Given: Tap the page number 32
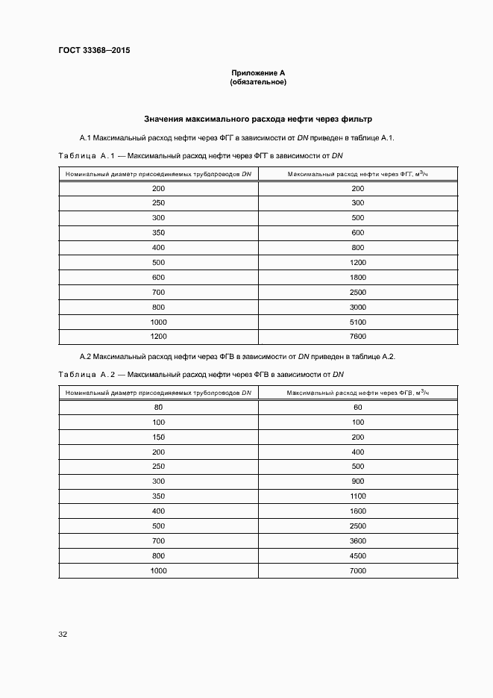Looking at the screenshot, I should (x=63, y=635).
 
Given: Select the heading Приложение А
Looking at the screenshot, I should (x=258, y=72).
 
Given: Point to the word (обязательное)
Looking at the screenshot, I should (x=258, y=81).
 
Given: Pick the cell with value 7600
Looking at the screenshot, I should (x=357, y=336).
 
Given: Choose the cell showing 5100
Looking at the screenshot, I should (x=357, y=321).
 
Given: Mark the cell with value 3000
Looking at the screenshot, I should (x=357, y=306).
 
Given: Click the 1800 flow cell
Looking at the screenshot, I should (x=357, y=277).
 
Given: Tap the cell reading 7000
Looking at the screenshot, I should (x=357, y=570).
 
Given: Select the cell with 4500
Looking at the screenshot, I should (x=357, y=555).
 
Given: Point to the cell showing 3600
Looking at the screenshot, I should (x=357, y=540).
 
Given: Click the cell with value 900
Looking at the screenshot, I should (x=357, y=482).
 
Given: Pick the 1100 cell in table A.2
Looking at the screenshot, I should (x=357, y=496).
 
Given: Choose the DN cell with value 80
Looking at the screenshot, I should (x=158, y=408).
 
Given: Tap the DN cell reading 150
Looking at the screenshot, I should (x=158, y=437).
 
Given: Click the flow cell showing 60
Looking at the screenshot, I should (x=357, y=408).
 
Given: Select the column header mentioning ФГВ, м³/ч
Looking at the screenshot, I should (x=358, y=392).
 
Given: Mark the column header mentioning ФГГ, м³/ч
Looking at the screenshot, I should (x=358, y=173).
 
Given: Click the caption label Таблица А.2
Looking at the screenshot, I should (x=84, y=374).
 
